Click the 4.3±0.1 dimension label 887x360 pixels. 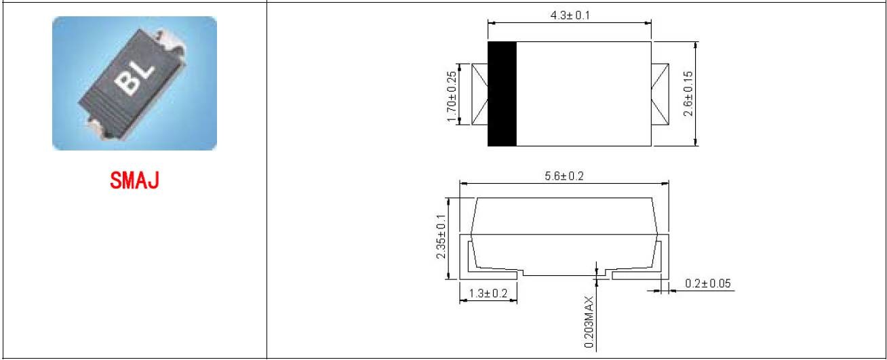[570, 16]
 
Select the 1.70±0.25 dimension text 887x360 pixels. [452, 97]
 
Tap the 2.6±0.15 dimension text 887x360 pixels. [688, 94]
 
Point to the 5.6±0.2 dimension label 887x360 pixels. [564, 176]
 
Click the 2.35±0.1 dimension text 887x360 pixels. [441, 237]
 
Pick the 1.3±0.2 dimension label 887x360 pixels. [488, 294]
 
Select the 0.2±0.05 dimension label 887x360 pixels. [707, 283]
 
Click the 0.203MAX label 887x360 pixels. [589, 322]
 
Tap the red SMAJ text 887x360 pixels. [135, 180]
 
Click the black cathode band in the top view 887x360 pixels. [502, 94]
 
